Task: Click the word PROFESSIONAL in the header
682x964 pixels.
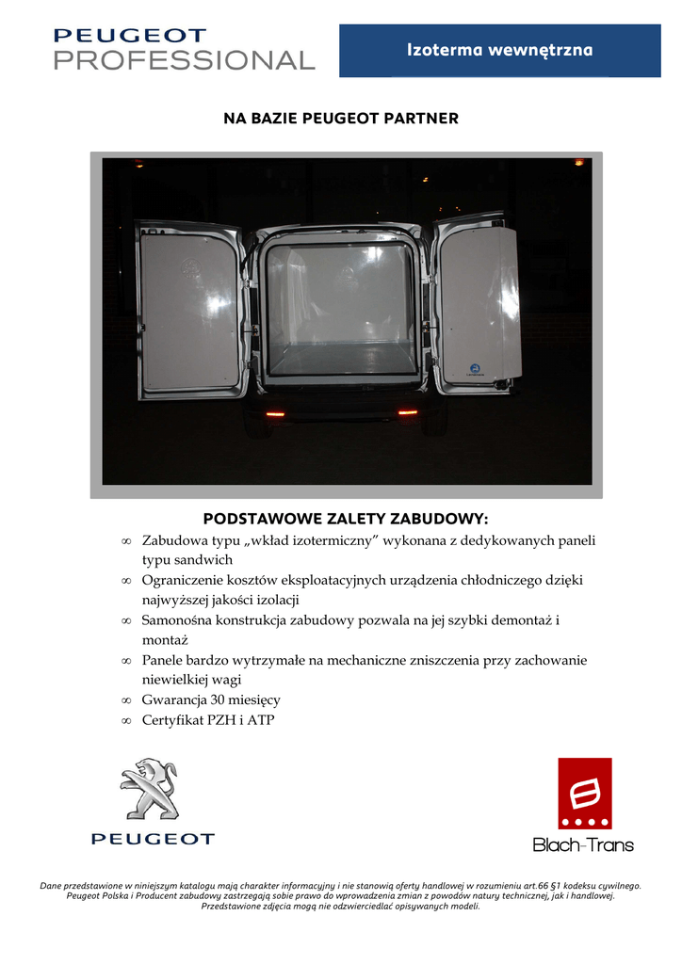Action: click(x=184, y=60)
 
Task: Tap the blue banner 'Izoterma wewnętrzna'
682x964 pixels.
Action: click(x=500, y=50)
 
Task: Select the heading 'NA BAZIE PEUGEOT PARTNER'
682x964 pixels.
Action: click(x=341, y=119)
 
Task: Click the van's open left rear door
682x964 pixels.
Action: click(x=190, y=311)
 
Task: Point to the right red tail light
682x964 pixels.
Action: click(x=408, y=411)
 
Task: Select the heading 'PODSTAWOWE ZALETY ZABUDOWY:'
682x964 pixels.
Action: click(x=347, y=519)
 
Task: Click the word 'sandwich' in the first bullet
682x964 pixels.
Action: click(x=203, y=560)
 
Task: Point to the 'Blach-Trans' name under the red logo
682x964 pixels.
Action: click(x=583, y=844)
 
